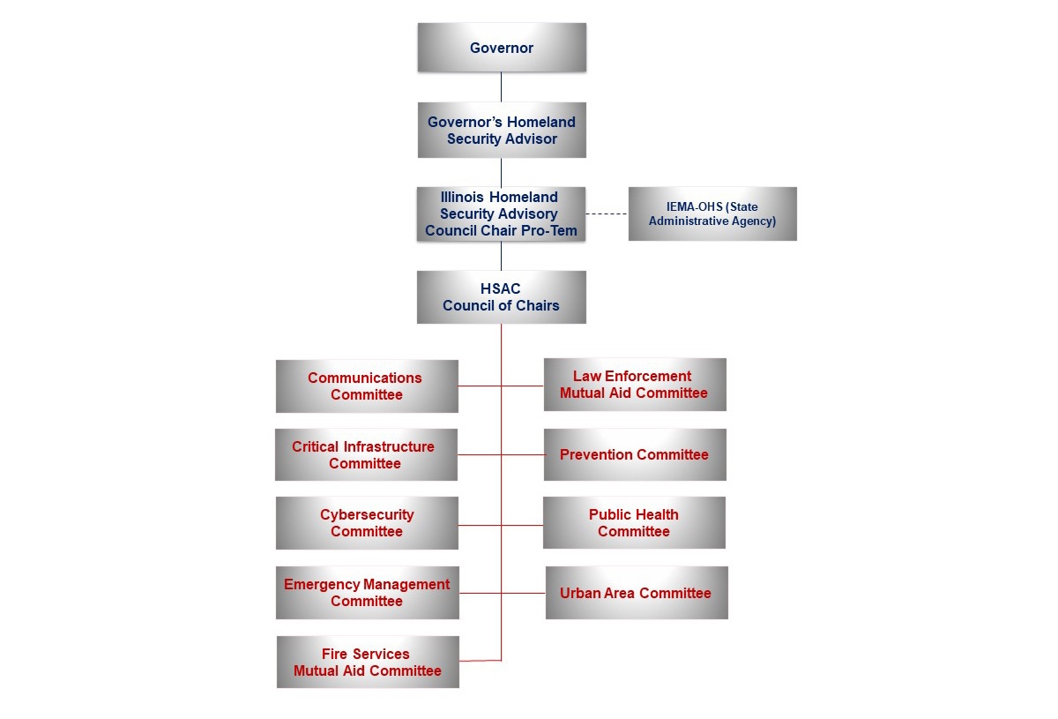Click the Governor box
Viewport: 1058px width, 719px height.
coord(502,48)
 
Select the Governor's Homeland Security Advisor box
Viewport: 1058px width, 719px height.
coord(502,130)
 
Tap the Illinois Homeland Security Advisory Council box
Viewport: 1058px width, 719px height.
coord(501,213)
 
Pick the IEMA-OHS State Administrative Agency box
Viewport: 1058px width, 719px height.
coord(712,213)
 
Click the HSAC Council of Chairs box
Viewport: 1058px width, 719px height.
coord(501,297)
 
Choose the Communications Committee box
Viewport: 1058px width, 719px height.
coord(366,386)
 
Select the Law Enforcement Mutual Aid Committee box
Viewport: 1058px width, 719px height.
coord(634,385)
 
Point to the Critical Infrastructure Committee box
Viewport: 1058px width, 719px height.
coord(365,455)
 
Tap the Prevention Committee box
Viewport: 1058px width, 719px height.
coord(634,455)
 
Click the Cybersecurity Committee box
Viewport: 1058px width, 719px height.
coord(366,523)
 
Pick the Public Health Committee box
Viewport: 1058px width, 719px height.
coord(634,523)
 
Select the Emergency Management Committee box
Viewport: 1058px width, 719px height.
coord(367,593)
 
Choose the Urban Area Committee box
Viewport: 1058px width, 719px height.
coord(636,593)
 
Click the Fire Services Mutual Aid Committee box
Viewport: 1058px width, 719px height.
coord(368,662)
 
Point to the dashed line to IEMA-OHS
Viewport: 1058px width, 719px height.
coord(607,213)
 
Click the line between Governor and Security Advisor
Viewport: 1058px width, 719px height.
coord(502,87)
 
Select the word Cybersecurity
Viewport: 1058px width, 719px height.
coord(367,515)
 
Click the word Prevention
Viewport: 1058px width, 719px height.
coord(596,455)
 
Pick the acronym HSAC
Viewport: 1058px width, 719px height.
coord(501,288)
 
